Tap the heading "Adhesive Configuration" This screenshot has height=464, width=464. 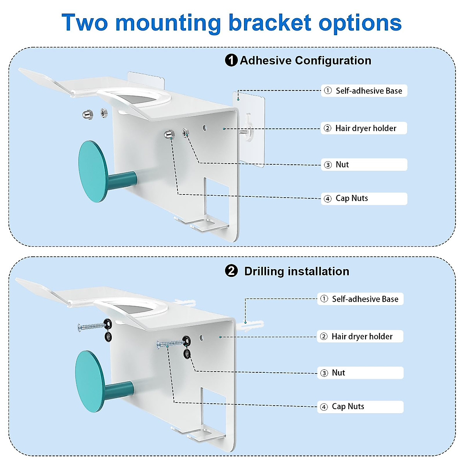(305, 60)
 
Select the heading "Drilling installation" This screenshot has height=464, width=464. (297, 271)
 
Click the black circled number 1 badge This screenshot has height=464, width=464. (231, 60)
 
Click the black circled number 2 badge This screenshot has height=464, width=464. (231, 271)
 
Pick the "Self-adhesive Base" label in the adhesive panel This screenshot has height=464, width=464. (364, 91)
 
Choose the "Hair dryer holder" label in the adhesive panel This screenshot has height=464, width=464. (364, 128)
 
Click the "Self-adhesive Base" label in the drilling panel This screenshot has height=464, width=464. (360, 299)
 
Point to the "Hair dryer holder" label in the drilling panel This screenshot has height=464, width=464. (360, 336)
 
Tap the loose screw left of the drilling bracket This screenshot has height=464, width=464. (91, 327)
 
